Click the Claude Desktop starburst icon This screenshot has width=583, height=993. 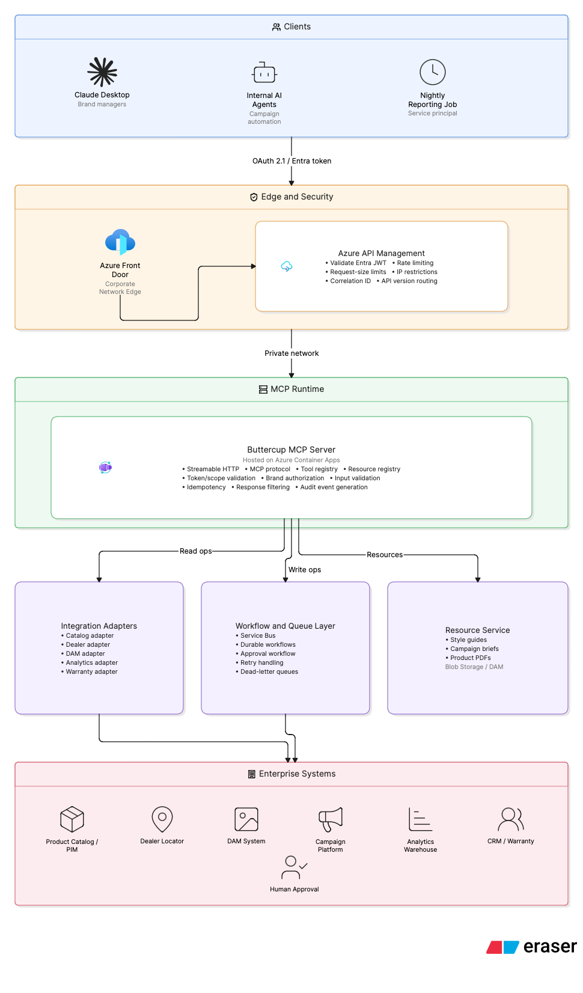click(102, 72)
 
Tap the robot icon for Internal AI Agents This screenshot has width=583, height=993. click(264, 73)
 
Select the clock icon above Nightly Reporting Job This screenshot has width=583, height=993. click(432, 72)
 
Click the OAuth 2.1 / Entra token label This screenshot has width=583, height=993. click(291, 161)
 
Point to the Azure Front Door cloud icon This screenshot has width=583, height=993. click(120, 242)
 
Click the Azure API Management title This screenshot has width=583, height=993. click(381, 253)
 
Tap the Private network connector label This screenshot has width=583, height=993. click(291, 353)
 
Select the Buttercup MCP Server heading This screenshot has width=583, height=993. click(291, 450)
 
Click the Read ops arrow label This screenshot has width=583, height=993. click(195, 551)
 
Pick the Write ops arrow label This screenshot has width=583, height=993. click(305, 570)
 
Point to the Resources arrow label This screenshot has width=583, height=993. click(385, 555)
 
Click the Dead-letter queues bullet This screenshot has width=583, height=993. click(267, 671)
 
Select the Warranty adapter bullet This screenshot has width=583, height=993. click(89, 671)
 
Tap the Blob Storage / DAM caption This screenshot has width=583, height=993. click(474, 667)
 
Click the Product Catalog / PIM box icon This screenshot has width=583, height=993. click(72, 819)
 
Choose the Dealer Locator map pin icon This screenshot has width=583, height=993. click(162, 819)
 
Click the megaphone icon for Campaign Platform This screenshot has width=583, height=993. click(331, 820)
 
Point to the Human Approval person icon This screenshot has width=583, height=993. click(294, 867)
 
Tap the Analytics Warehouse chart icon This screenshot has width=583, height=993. click(420, 819)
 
